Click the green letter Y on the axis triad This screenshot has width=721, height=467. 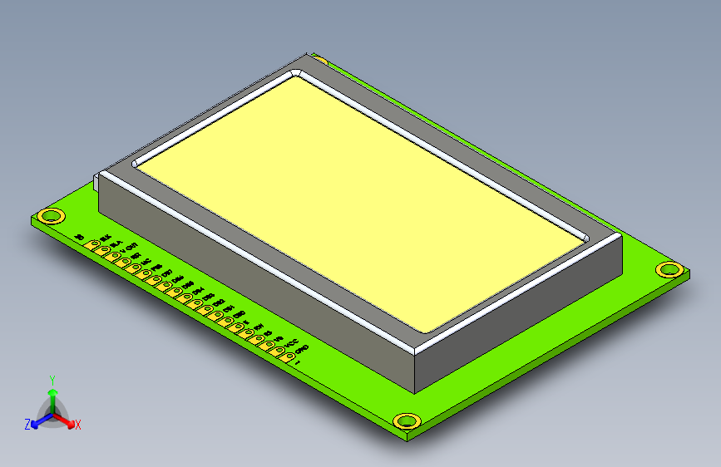point(52,379)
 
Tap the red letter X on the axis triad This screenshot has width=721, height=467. point(78,425)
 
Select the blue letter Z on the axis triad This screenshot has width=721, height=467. point(27,424)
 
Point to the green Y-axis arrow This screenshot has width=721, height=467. point(52,396)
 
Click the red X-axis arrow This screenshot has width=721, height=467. point(67,420)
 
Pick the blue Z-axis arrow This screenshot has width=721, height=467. point(38,422)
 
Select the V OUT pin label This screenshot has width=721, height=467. point(128,247)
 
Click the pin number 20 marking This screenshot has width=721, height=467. point(79,238)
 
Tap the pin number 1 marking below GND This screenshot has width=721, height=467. point(298,363)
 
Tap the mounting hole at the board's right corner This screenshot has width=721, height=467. point(669,269)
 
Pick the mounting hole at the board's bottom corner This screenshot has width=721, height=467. point(407,420)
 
